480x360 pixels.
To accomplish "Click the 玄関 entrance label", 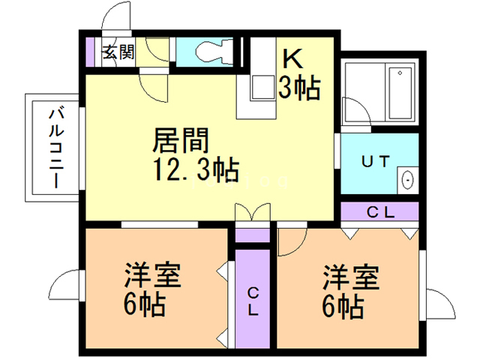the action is coord(118,52).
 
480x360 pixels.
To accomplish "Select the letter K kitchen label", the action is coord(292,58).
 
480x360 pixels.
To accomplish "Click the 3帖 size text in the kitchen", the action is coord(299,88).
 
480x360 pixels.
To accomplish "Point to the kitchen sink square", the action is coord(262,88).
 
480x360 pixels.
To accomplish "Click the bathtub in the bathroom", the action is coord(400,93).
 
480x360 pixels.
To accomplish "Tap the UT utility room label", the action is coord(376,161).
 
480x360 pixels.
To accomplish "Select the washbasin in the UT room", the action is coord(407,180).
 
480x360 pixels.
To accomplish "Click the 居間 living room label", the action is coord(181,140).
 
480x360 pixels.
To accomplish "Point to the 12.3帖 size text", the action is coord(196,169).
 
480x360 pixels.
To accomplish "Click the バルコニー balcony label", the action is coord(56,148).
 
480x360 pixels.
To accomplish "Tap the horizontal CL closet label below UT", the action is coord(380,211).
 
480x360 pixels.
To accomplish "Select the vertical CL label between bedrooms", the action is coord(253,301).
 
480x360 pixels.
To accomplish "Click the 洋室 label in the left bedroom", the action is coord(152,275).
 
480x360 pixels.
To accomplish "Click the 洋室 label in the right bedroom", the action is coord(351,277).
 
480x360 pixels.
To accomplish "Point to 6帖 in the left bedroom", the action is coord(145,304).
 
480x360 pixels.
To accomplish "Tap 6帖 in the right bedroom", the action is coord(343,307).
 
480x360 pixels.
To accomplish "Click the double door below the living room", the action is coord(253,211).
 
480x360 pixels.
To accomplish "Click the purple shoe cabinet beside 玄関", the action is coord(90,52).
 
